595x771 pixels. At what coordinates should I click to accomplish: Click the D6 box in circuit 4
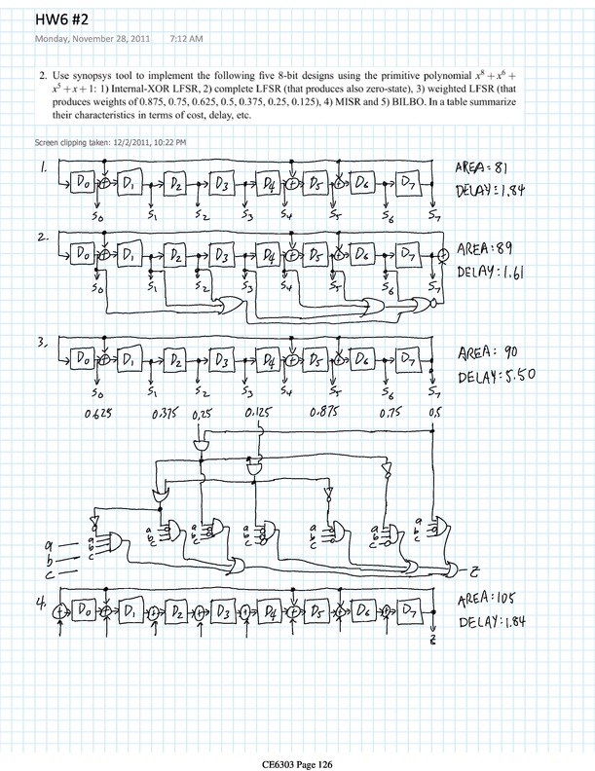click(366, 613)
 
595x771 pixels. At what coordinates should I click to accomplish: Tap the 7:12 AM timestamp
click(188, 39)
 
